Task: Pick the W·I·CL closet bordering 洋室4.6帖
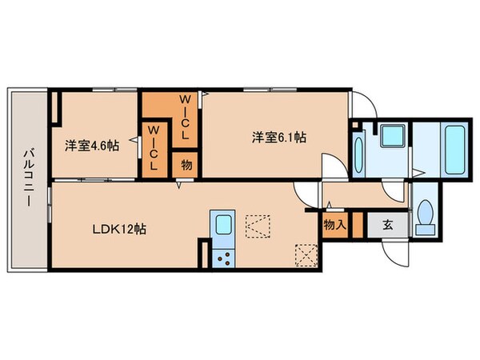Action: click(x=154, y=146)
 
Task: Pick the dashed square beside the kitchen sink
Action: click(x=258, y=225)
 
